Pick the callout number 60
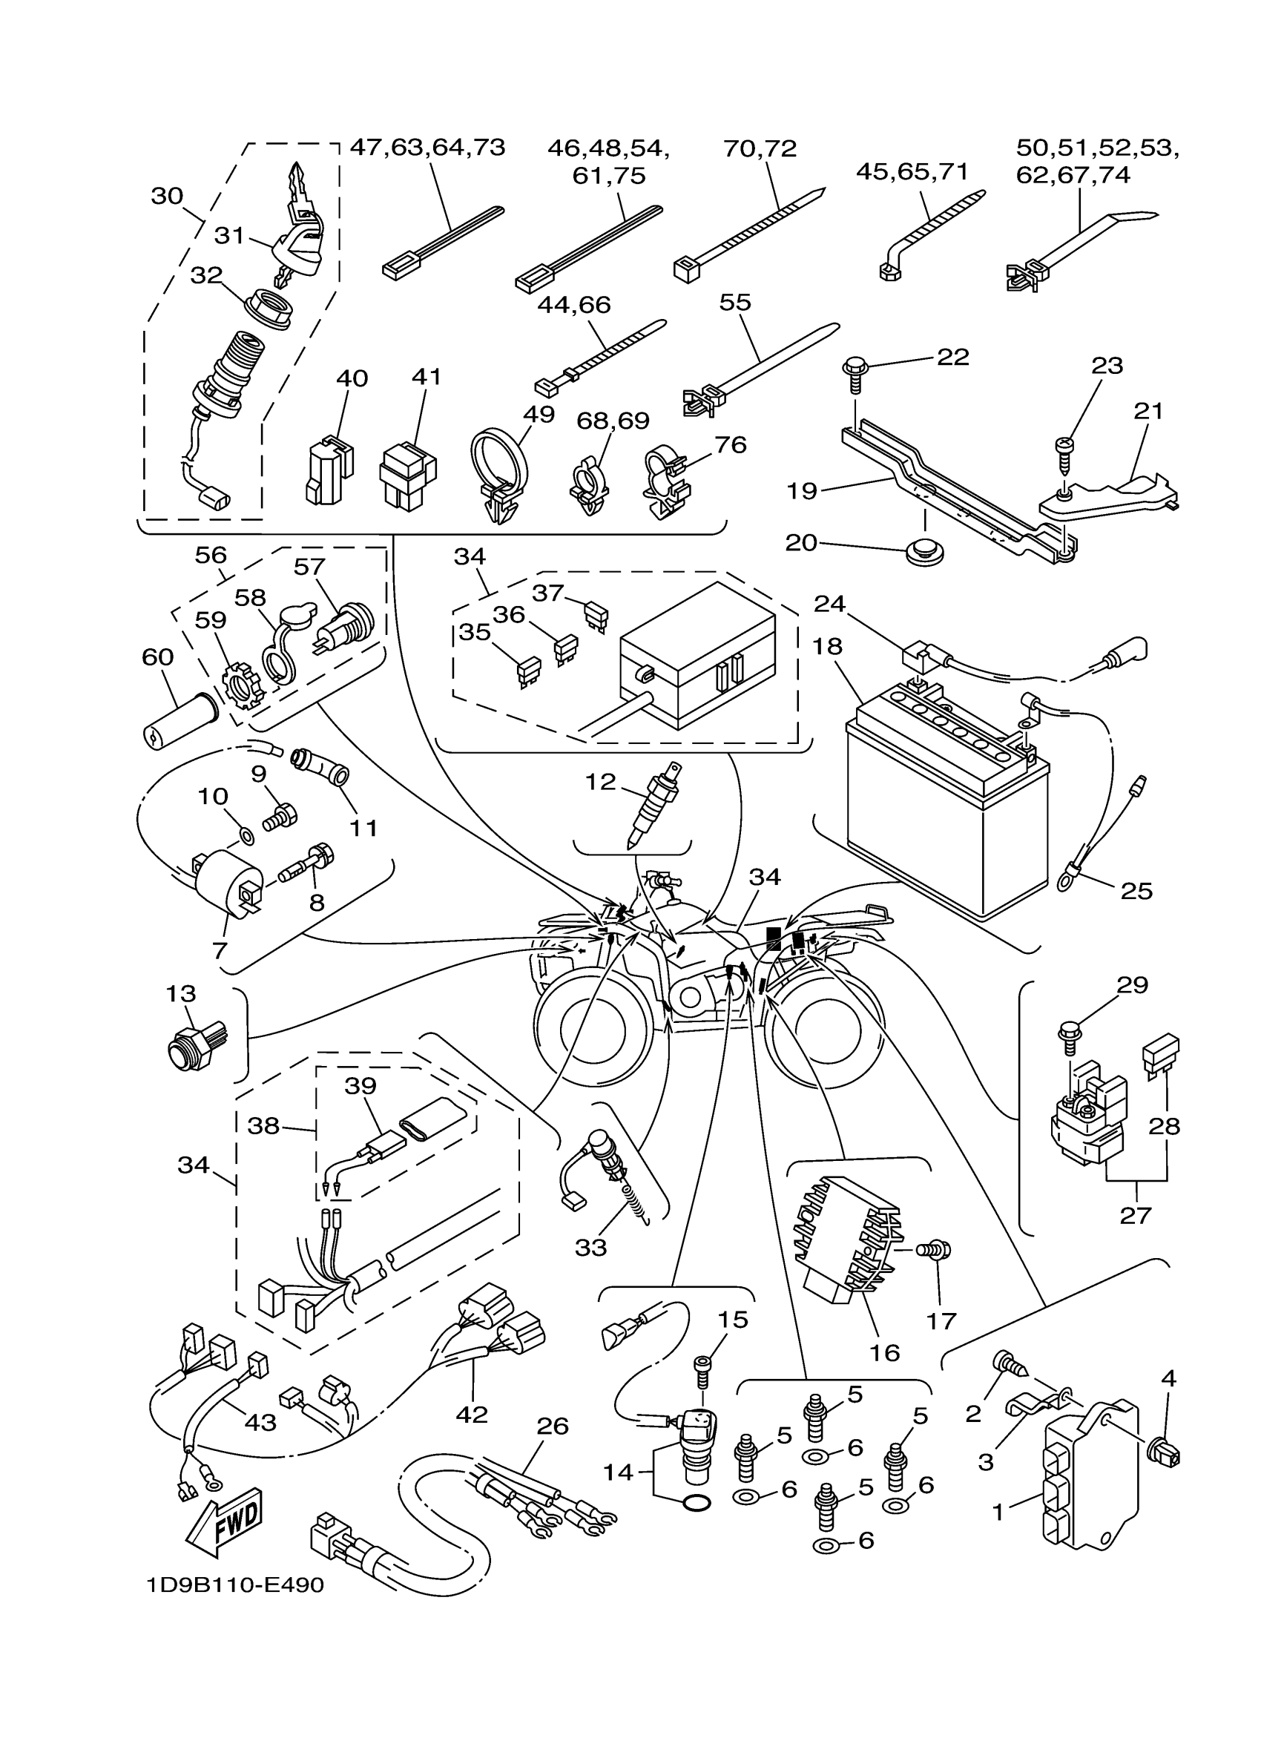[x=157, y=657]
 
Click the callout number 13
[x=181, y=994]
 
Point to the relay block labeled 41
[x=406, y=475]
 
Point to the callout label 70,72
[x=760, y=148]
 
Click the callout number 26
[x=553, y=1426]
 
